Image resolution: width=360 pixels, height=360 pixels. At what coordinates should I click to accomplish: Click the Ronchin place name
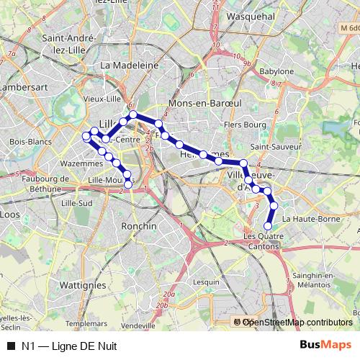click(x=140, y=225)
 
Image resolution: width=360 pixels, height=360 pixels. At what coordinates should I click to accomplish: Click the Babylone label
click(x=276, y=72)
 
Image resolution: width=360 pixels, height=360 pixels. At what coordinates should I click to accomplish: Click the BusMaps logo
click(x=325, y=346)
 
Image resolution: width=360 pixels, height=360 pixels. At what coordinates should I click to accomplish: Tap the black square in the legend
click(x=10, y=346)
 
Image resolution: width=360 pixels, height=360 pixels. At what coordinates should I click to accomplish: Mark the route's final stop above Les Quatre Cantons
click(x=269, y=226)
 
